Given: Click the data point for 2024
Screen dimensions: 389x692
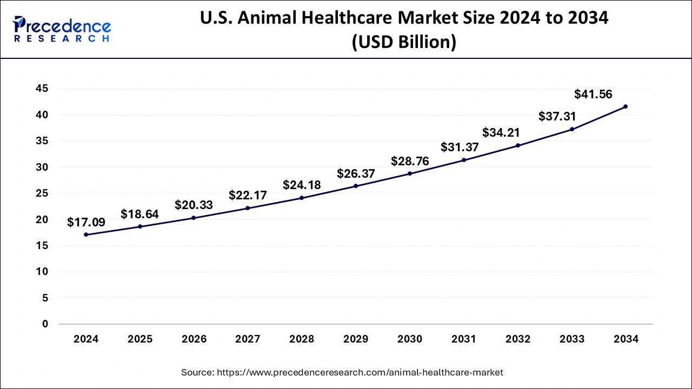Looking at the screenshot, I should coord(86,235).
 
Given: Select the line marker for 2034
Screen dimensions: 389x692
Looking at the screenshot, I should coord(626,106).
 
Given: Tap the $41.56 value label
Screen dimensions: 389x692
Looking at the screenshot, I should coord(593,95).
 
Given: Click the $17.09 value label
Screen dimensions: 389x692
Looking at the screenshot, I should coord(86,222).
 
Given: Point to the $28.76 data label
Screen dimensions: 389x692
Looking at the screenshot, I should coord(410,161).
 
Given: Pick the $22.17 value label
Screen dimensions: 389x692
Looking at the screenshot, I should coord(248,195).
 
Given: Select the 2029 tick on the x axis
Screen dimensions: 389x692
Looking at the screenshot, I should coord(356,339).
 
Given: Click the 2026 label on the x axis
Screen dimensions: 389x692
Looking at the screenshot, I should coord(194,339).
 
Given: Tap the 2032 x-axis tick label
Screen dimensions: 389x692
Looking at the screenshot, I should coord(518,339).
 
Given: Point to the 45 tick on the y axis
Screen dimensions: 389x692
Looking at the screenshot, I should coord(42,89).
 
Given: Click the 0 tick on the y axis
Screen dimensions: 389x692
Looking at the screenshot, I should coord(45,324).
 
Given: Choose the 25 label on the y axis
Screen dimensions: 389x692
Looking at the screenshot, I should coord(42,193).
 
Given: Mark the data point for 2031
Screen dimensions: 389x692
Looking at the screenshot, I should coord(464,160).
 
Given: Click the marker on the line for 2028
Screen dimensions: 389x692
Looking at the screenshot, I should coord(302,198).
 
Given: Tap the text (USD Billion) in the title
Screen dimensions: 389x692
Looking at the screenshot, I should coord(404,42).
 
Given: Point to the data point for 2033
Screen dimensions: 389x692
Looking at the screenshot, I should coord(572,129).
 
